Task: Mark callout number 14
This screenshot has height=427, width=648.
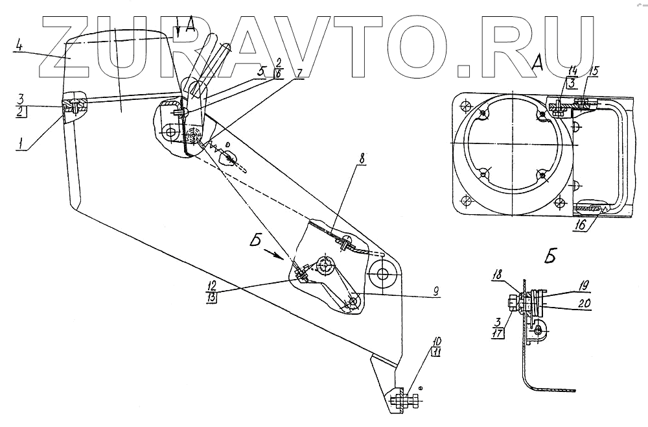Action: coord(572,69)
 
